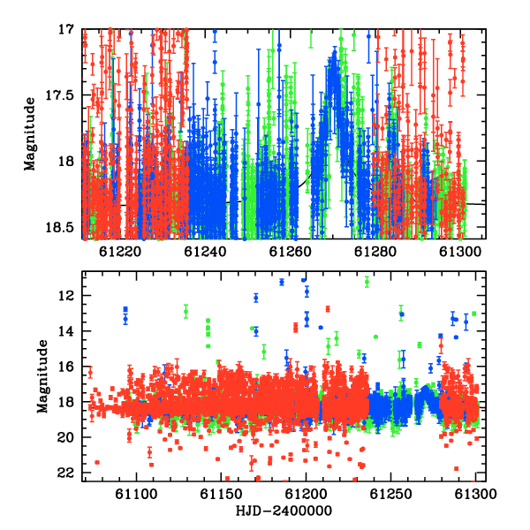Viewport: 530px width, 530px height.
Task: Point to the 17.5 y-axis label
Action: coord(59,95)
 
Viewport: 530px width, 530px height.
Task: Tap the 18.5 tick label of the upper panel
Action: coord(59,228)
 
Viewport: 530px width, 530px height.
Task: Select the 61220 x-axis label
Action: coord(120,252)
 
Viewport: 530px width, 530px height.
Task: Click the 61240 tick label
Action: coord(205,252)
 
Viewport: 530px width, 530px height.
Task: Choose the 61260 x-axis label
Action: coord(290,252)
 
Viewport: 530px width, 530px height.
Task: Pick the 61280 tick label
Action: coord(375,252)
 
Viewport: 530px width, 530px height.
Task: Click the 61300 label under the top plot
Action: coord(460,252)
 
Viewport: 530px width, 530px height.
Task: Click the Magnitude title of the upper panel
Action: coord(30,134)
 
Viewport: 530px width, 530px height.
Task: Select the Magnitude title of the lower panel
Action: coord(42,376)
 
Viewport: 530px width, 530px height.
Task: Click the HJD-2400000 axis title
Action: coord(284,511)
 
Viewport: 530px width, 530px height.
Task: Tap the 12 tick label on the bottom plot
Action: coord(66,296)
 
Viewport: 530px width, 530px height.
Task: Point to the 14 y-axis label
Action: coord(66,331)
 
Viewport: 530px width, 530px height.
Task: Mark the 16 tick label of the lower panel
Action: coord(66,367)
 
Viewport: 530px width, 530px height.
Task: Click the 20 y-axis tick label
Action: coord(66,438)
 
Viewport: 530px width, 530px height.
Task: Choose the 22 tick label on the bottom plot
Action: coord(66,473)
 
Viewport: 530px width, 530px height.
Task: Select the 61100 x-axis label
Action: coord(136,494)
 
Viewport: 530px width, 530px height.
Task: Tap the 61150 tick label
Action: coord(222,494)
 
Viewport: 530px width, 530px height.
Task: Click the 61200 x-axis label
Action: coord(307,494)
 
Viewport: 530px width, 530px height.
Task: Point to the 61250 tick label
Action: coord(391,494)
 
